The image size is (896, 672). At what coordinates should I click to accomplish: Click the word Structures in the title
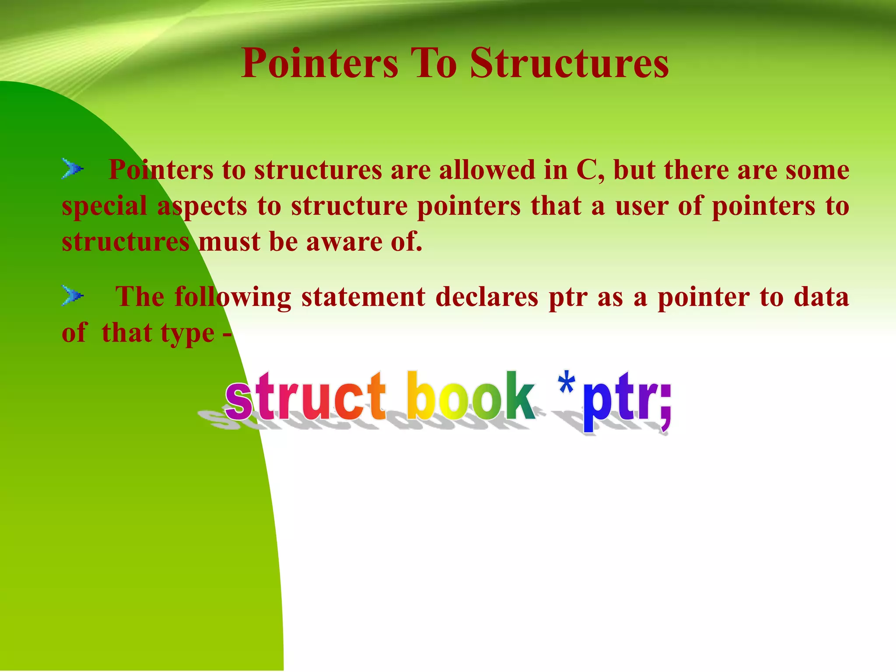pos(569,63)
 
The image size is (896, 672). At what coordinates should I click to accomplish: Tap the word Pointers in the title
pos(320,63)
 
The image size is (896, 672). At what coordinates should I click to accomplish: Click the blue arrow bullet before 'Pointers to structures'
pos(72,168)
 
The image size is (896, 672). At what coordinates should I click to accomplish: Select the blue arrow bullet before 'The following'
pos(72,295)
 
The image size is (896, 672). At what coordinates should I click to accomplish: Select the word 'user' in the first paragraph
pos(642,206)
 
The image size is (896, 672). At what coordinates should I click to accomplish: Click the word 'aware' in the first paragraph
pos(343,242)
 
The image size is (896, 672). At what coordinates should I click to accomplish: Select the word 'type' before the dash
pos(188,334)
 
